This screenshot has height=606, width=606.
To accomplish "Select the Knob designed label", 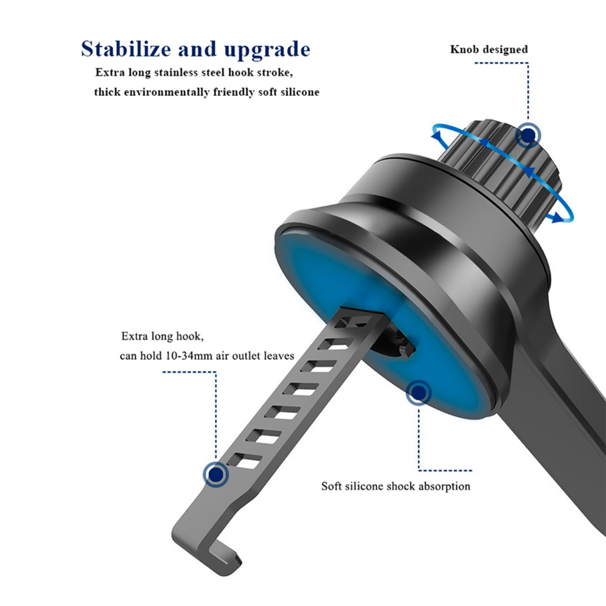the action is point(489,50).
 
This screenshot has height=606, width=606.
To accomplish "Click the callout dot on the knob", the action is point(528,135).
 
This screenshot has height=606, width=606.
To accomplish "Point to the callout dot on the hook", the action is point(216,474).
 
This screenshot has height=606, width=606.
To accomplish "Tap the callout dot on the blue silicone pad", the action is point(419,393).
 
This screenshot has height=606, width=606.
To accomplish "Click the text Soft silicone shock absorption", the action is point(395,486).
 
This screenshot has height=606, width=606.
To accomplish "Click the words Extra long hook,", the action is point(162,336).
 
